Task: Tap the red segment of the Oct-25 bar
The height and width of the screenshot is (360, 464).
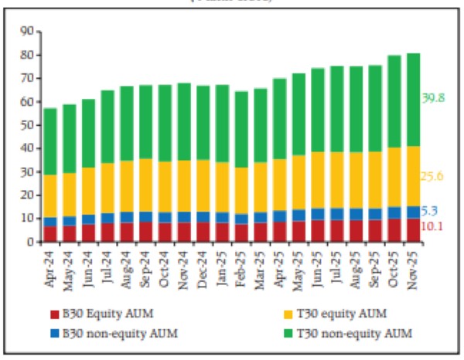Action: (x=394, y=230)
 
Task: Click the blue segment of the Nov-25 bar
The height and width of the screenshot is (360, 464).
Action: (x=413, y=212)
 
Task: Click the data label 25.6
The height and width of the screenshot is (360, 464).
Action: (x=433, y=177)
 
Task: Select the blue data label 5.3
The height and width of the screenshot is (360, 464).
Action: (x=430, y=211)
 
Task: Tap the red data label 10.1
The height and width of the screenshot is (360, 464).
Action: (x=433, y=226)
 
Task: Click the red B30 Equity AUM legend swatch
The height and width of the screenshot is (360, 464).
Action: (x=55, y=313)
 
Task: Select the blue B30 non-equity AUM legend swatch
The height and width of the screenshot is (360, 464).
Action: (x=55, y=333)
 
